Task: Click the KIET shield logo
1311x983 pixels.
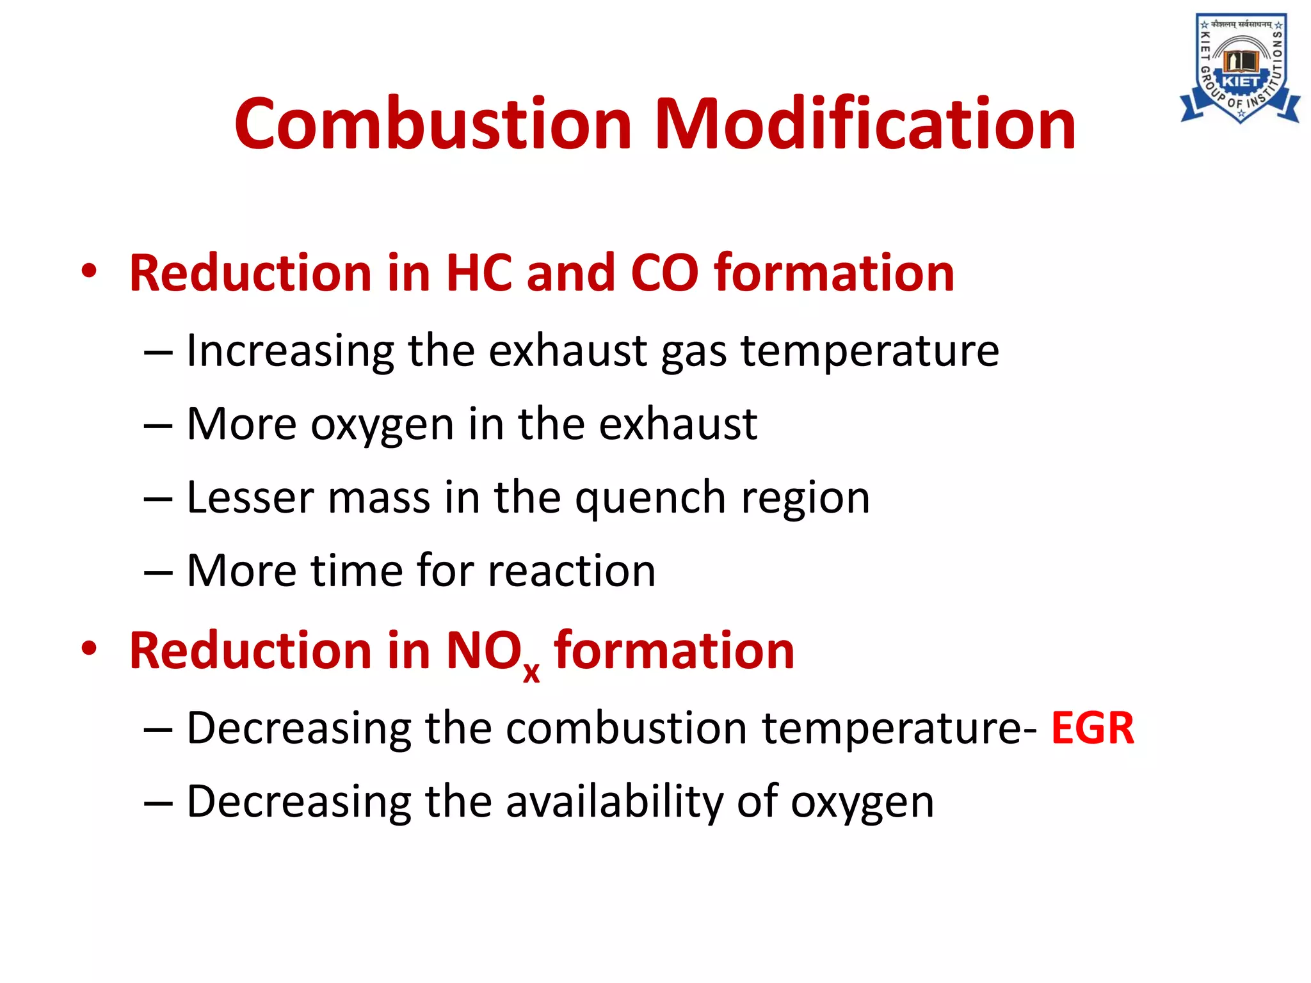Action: [x=1240, y=68]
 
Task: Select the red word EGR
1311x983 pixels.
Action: [x=1093, y=728]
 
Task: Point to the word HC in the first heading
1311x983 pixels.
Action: [x=479, y=273]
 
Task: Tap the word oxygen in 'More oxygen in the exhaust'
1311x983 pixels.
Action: [x=382, y=426]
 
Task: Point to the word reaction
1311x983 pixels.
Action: [x=572, y=571]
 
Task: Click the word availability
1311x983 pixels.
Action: [x=615, y=801]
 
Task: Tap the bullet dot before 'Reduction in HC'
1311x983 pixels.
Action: [x=89, y=271]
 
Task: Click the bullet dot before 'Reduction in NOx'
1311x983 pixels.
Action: [x=89, y=649]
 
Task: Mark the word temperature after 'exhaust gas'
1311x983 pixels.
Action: [x=870, y=352]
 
